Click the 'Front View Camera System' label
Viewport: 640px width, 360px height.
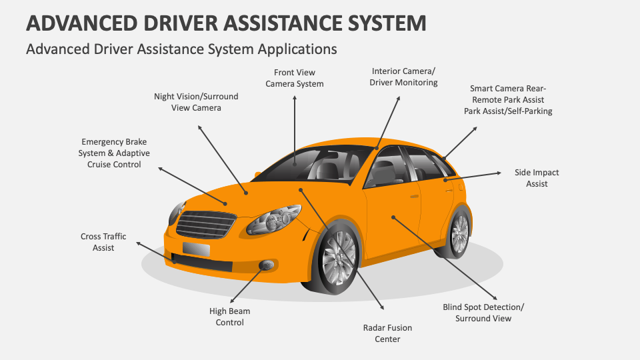tap(294, 78)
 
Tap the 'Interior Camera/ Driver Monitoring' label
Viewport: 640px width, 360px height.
tap(404, 77)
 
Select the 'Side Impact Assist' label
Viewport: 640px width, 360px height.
tap(536, 178)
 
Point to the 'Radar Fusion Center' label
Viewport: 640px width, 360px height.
tap(387, 333)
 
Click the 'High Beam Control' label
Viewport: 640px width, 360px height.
tap(229, 317)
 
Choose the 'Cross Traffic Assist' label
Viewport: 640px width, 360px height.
tap(103, 242)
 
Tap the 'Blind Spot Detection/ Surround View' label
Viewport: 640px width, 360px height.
tap(483, 313)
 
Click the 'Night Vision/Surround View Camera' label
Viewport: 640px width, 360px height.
tap(196, 101)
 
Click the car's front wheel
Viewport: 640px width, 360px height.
tap(339, 257)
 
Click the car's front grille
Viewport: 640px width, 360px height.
tap(206, 223)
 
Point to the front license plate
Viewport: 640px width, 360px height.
tap(196, 249)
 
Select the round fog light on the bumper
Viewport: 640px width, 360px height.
tap(267, 265)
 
